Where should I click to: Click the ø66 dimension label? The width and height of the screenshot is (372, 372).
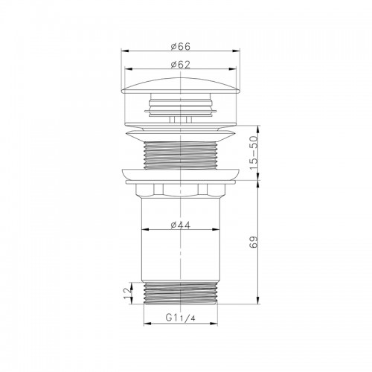(181, 46)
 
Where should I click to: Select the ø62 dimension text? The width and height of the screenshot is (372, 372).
(181, 65)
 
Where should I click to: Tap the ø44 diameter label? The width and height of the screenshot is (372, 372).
(181, 225)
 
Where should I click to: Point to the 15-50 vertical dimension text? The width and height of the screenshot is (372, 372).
(254, 153)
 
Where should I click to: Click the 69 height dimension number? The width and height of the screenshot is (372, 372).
(254, 242)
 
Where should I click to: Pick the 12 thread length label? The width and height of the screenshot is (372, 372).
(127, 293)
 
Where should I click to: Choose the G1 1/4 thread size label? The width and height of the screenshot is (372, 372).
(180, 318)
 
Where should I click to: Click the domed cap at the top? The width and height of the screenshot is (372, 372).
(181, 86)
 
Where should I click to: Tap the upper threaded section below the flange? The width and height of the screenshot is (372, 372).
(181, 155)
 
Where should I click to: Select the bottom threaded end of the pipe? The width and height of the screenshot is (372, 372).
(181, 293)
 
